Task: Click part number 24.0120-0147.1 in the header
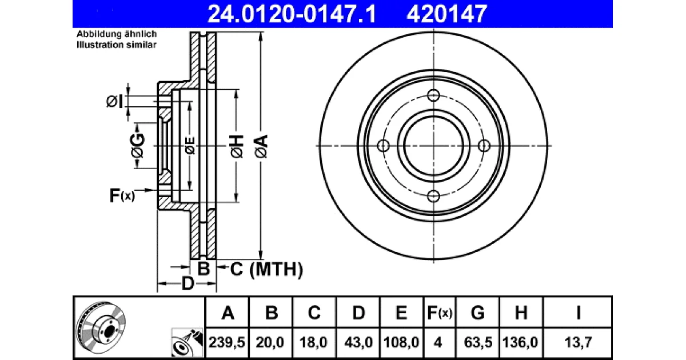point(292,14)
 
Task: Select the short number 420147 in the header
point(447,14)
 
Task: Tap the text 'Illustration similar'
point(117,45)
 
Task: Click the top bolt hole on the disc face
point(433,95)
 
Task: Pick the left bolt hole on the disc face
point(383,146)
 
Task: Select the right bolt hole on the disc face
point(484,146)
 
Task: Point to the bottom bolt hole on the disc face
point(433,196)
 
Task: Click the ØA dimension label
point(261,146)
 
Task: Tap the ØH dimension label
point(237,146)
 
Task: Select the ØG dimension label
point(138,145)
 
